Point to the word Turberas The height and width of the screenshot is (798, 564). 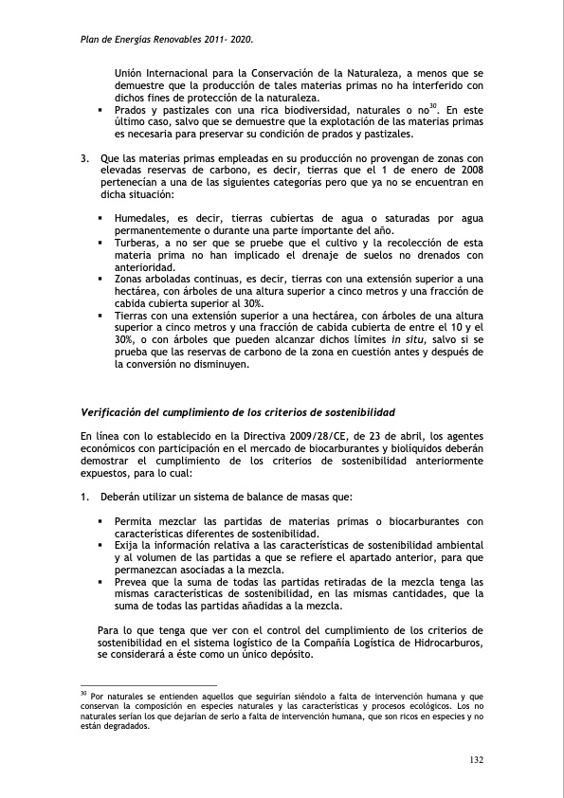click(138, 243)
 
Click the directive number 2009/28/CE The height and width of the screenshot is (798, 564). click(292, 436)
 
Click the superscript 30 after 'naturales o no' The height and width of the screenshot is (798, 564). click(432, 106)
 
